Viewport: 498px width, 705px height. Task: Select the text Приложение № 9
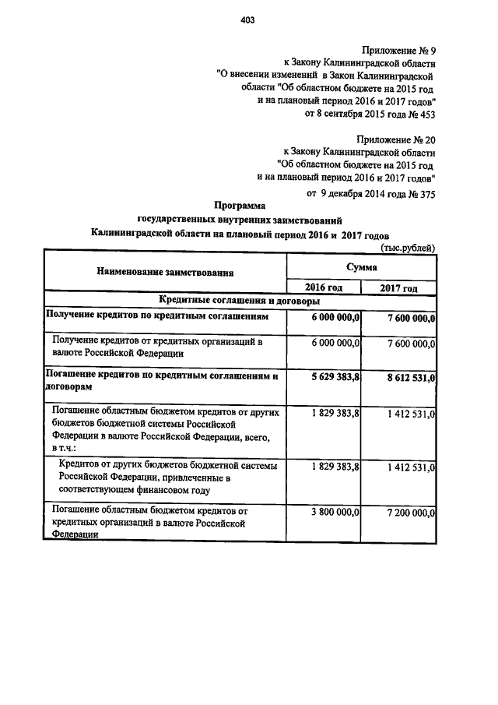point(398,49)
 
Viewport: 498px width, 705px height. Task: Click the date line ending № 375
point(371,195)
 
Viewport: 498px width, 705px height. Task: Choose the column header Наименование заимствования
point(165,272)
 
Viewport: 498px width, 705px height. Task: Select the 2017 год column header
point(398,288)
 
